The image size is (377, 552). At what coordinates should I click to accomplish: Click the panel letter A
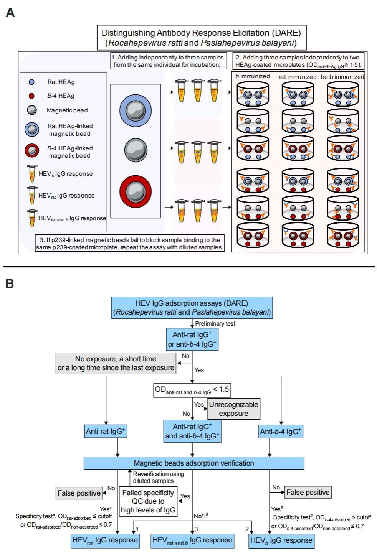pyautogui.click(x=10, y=13)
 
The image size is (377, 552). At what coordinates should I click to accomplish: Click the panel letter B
pyautogui.click(x=10, y=283)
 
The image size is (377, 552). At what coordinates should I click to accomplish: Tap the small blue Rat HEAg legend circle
pyautogui.click(x=31, y=82)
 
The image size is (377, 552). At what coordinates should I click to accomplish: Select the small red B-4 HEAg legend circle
pyautogui.click(x=31, y=96)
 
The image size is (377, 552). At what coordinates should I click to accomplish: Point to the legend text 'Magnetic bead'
pyautogui.click(x=67, y=110)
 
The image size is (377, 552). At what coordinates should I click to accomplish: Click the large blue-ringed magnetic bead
pyautogui.click(x=135, y=110)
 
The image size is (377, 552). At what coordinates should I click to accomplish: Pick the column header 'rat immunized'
pyautogui.click(x=298, y=77)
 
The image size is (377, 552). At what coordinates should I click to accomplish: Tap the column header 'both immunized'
pyautogui.click(x=342, y=77)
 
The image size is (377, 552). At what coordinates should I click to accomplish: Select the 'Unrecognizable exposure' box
pyautogui.click(x=233, y=409)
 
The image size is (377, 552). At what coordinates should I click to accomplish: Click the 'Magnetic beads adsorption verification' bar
pyautogui.click(x=194, y=463)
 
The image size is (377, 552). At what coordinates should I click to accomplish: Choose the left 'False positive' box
pyautogui.click(x=79, y=493)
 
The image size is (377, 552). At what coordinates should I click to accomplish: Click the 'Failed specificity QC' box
pyautogui.click(x=148, y=501)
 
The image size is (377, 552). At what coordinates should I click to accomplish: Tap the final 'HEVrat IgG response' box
pyautogui.click(x=105, y=540)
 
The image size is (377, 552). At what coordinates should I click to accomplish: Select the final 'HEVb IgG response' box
pyautogui.click(x=281, y=540)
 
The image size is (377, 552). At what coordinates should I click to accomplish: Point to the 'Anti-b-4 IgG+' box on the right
pyautogui.click(x=281, y=432)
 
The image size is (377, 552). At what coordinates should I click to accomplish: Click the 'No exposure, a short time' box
pyautogui.click(x=116, y=363)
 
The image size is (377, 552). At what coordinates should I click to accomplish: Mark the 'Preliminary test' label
pyautogui.click(x=215, y=323)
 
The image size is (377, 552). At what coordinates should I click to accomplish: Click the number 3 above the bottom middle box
pyautogui.click(x=196, y=529)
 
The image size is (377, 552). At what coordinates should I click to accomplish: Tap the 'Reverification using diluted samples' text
pyautogui.click(x=158, y=478)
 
